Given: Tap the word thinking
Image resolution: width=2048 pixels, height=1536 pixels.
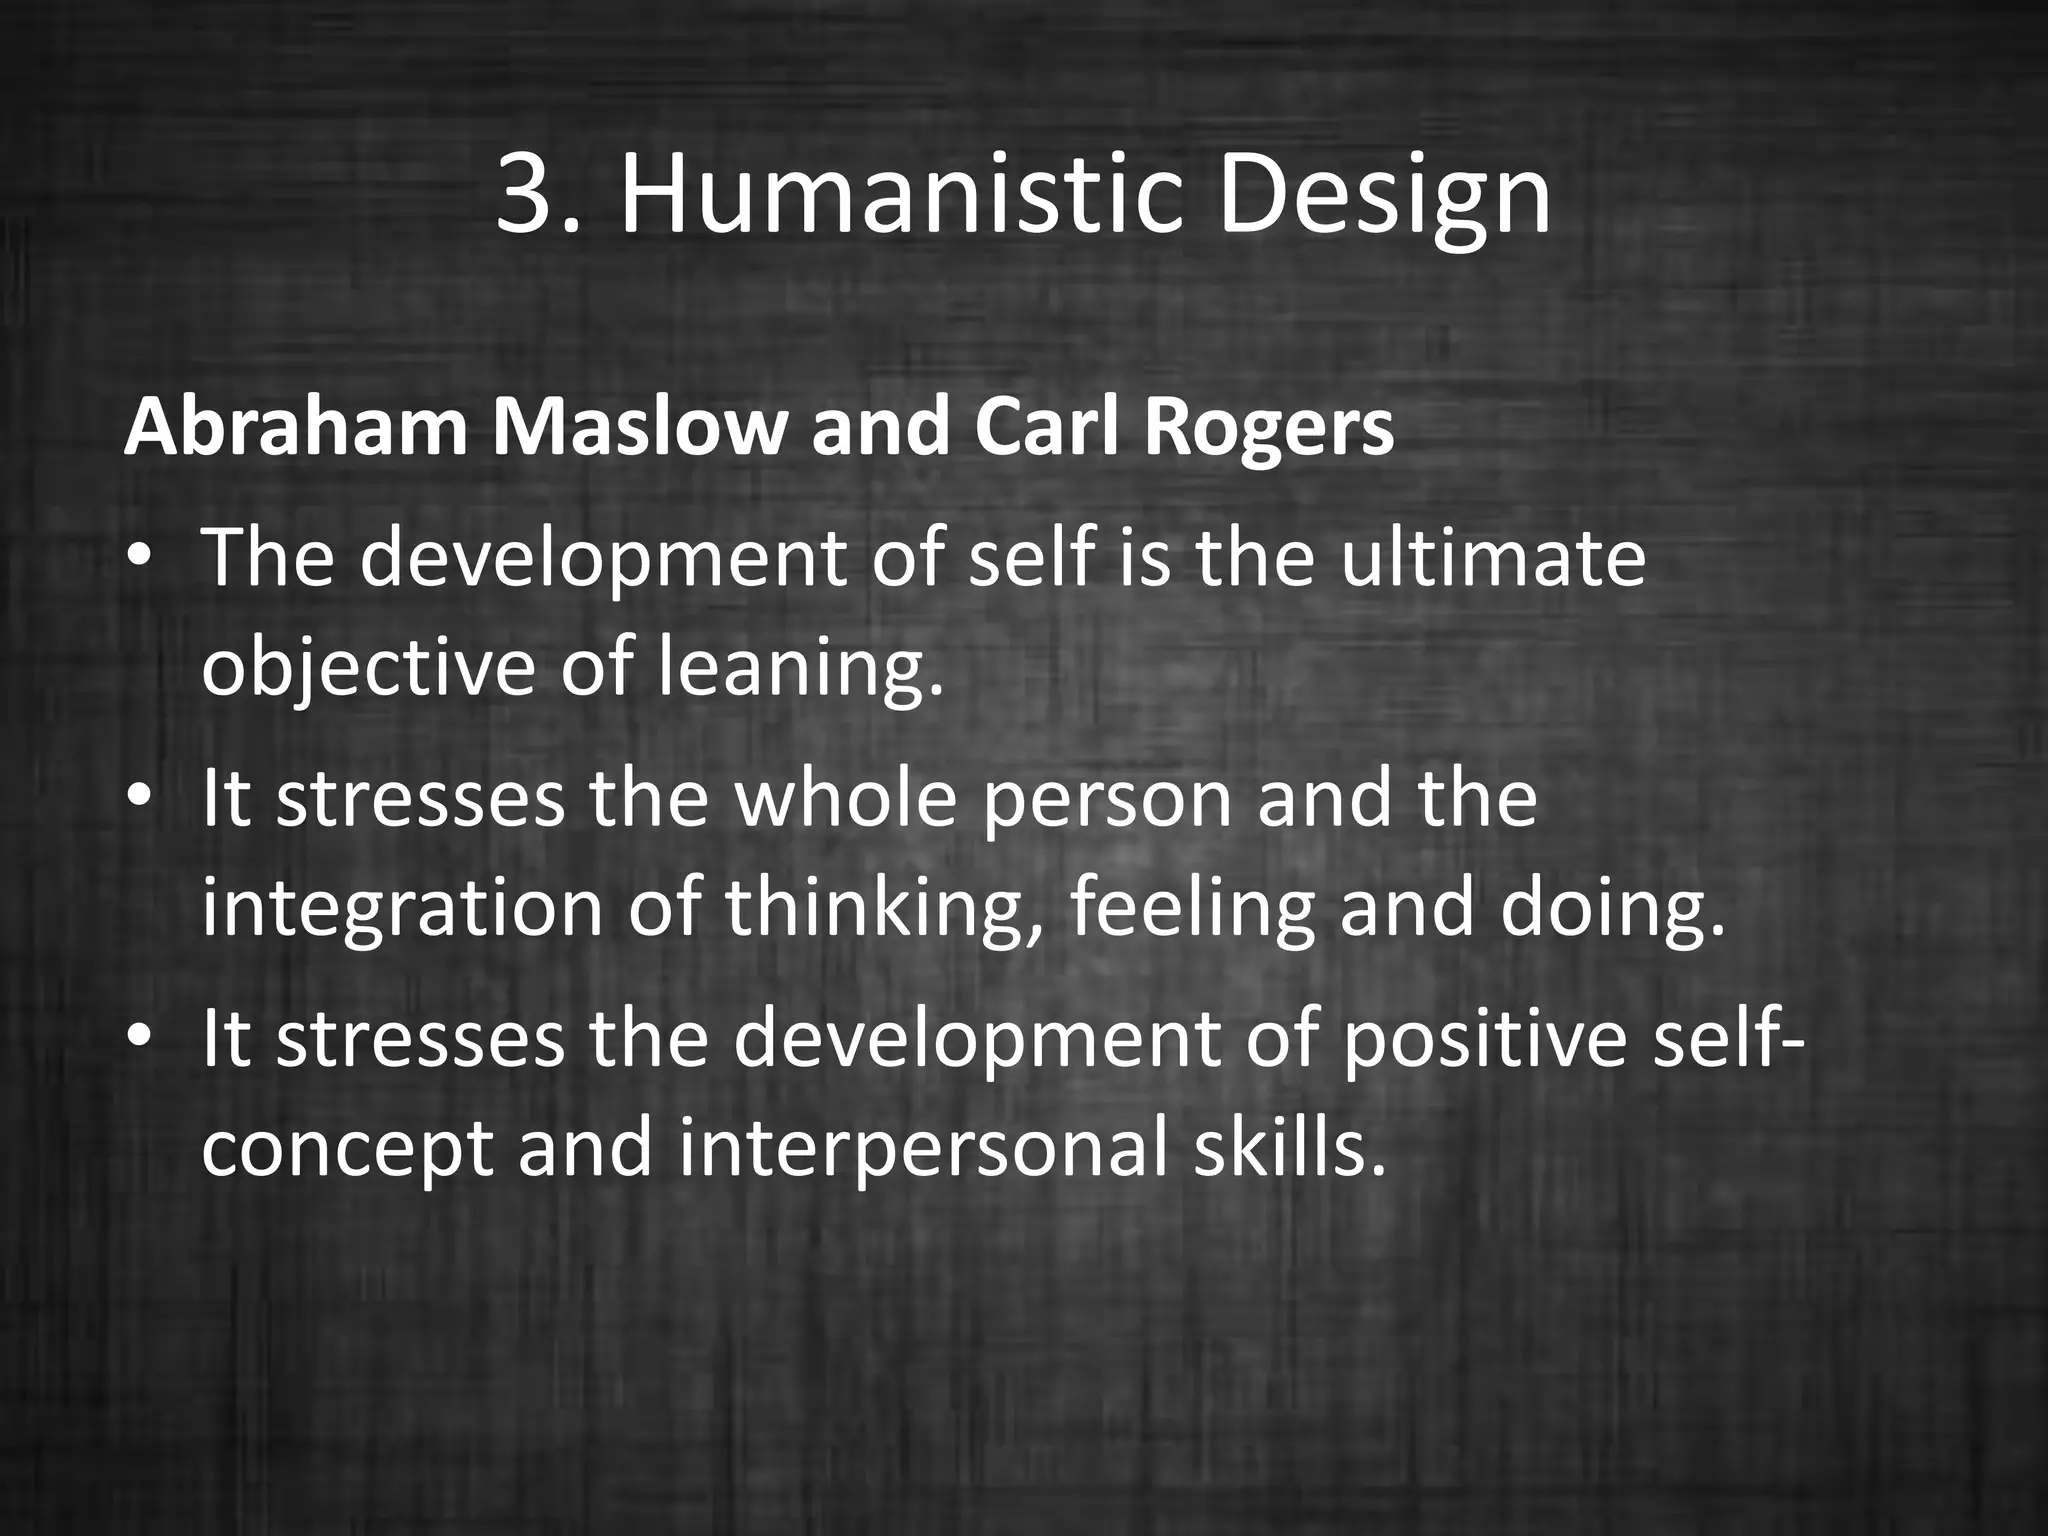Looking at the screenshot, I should pos(885,909).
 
